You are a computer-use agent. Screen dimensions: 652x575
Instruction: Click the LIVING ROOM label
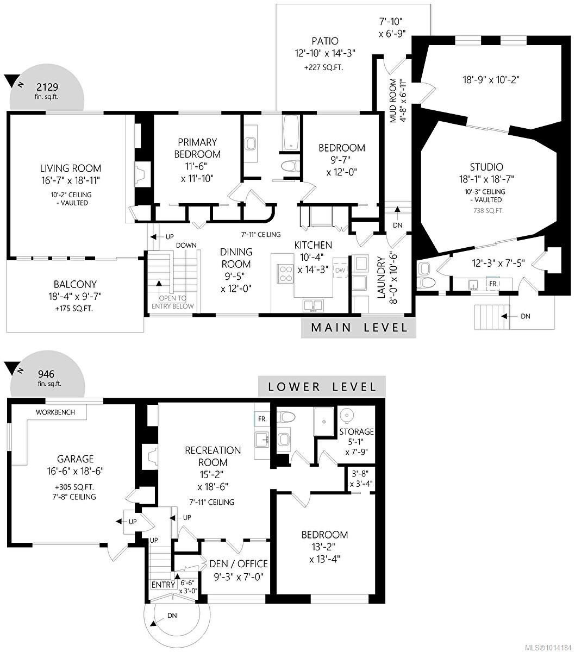[x=70, y=168]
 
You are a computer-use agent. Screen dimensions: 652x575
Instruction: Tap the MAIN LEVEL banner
[x=359, y=328]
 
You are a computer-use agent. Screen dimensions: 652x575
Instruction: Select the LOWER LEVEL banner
[x=322, y=387]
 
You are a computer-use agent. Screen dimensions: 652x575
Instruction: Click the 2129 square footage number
[x=47, y=86]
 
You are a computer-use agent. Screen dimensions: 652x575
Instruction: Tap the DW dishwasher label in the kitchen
[x=340, y=270]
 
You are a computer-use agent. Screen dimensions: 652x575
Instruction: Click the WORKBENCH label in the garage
[x=55, y=412]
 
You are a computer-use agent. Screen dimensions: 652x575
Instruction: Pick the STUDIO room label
[x=486, y=167]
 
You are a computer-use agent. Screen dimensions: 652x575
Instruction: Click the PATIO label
[x=325, y=41]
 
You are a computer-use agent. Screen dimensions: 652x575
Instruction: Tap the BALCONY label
[x=75, y=284]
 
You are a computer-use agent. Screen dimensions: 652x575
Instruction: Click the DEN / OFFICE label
[x=239, y=564]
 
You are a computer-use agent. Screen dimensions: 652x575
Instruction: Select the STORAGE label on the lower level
[x=357, y=432]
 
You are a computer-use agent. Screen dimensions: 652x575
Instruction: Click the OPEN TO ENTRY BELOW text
[x=172, y=302]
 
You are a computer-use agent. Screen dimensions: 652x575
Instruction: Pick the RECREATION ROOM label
[x=212, y=456]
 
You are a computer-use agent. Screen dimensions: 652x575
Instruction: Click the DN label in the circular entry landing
[x=172, y=616]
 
